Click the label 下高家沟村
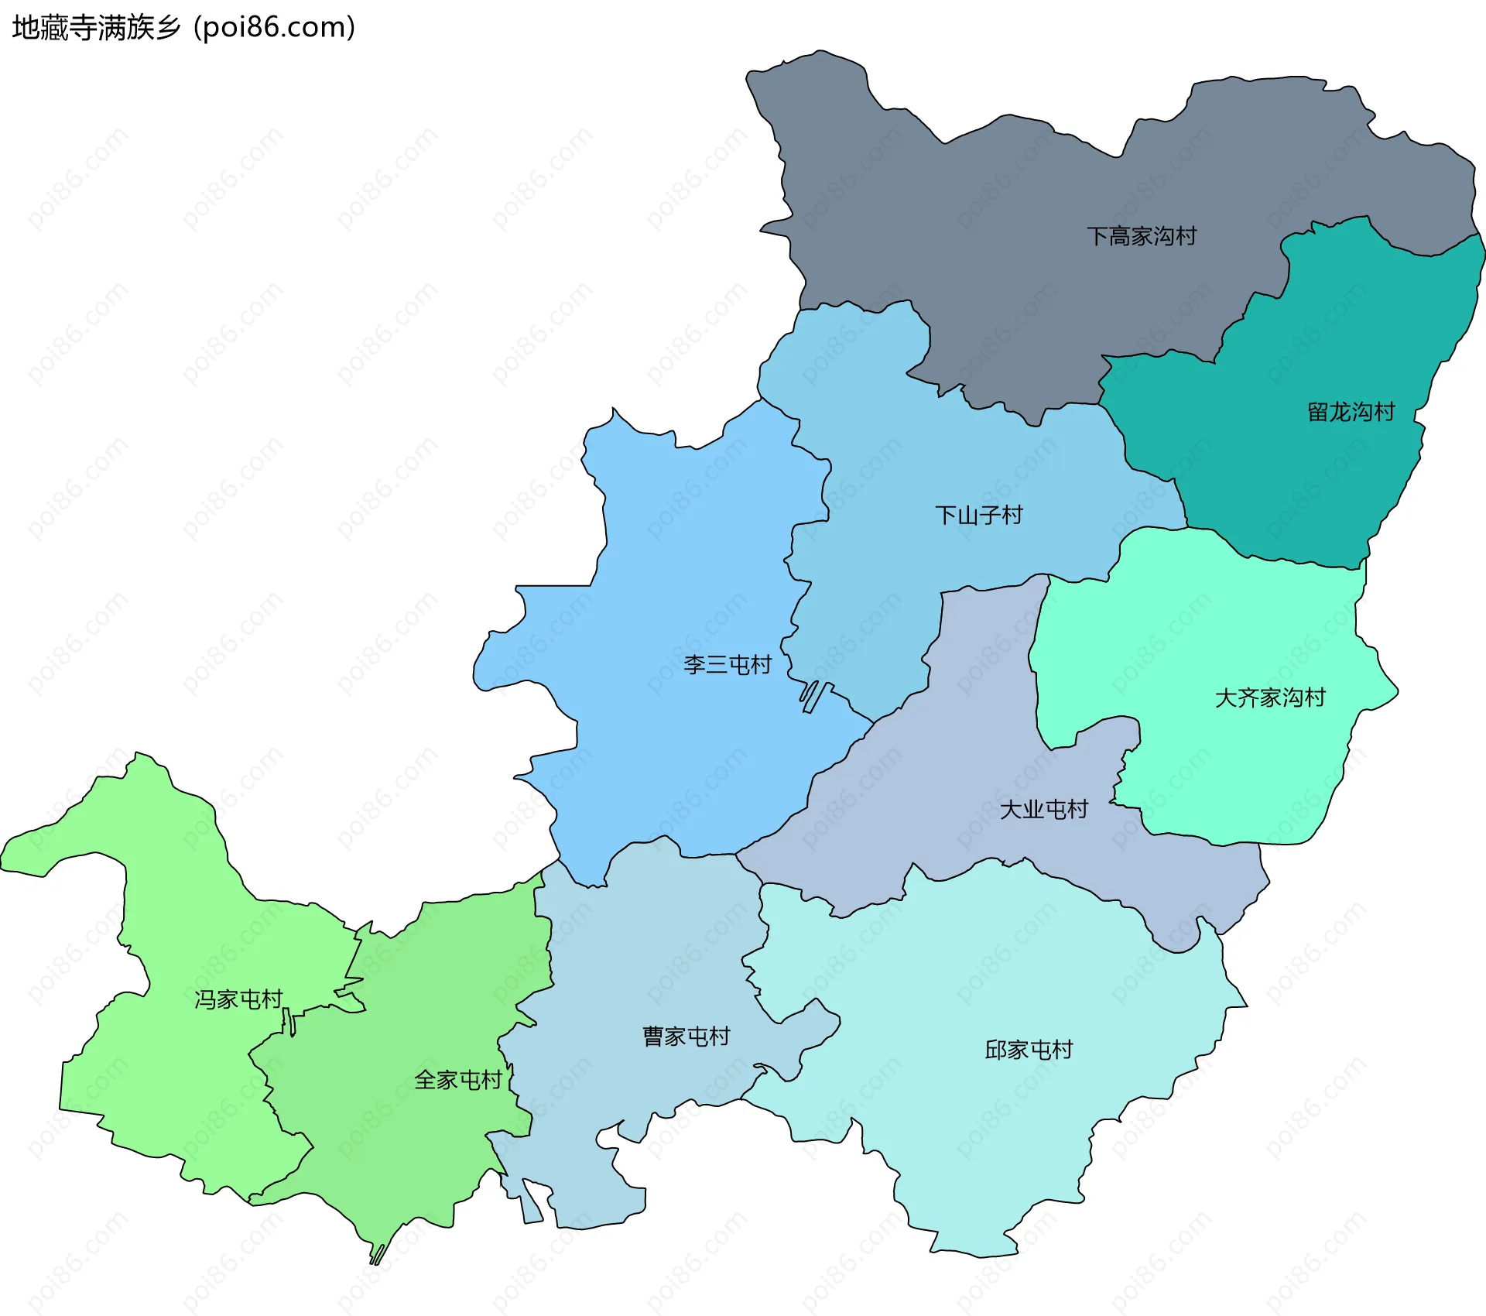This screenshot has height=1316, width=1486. point(1142,236)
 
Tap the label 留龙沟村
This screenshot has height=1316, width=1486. point(1351,412)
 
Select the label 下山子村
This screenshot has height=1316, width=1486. point(979,515)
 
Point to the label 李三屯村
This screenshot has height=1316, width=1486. point(728,664)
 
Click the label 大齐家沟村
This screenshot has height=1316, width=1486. point(1270,697)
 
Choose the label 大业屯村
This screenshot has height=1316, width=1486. point(1044,810)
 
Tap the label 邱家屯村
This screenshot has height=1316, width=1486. point(1029,1050)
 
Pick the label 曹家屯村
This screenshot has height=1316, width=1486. point(687,1036)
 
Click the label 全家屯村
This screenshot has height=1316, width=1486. point(458,1080)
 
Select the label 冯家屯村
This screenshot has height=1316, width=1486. point(238,999)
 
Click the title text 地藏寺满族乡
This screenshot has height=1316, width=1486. point(96,28)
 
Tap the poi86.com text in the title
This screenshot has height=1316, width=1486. point(275,28)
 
